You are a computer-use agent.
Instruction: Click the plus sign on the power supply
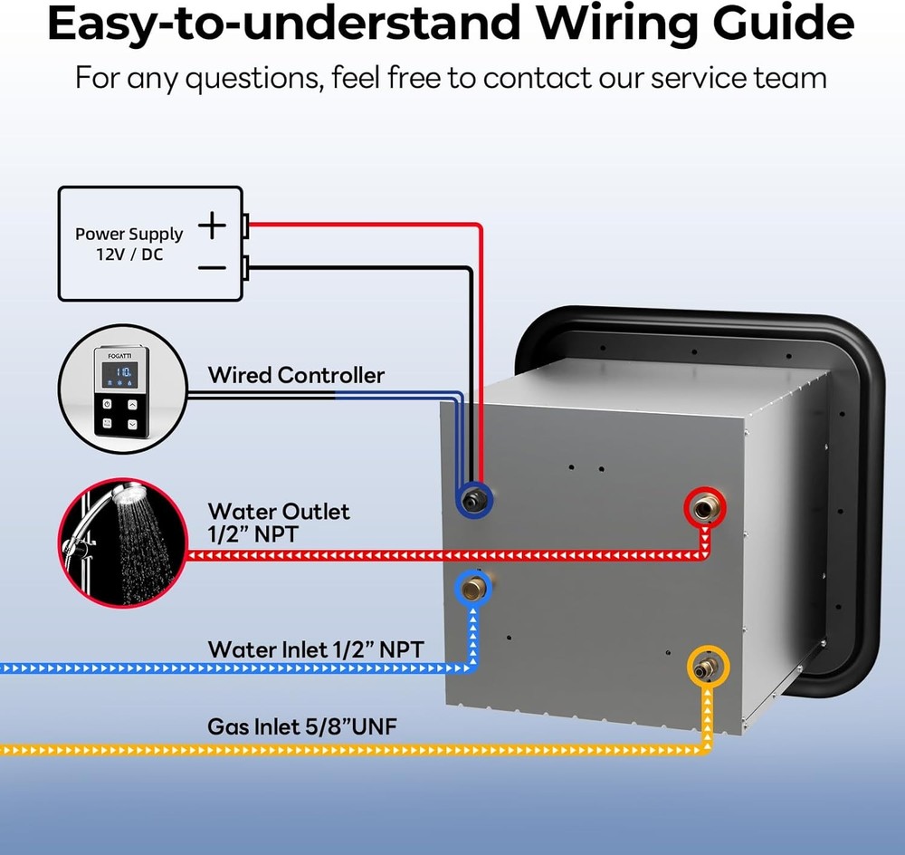(212, 225)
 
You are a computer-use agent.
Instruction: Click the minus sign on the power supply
(212, 267)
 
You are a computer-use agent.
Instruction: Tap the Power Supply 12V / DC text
(129, 244)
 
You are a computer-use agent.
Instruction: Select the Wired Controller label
(296, 375)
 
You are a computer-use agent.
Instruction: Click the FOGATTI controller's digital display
(119, 374)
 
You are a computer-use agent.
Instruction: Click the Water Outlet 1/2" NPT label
(278, 523)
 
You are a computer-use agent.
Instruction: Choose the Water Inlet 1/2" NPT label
(315, 649)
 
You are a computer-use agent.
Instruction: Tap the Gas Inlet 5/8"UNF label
(302, 726)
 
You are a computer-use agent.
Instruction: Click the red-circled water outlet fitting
(702, 509)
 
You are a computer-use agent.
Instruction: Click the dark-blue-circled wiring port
(474, 499)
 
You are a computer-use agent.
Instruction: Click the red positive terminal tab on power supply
(245, 225)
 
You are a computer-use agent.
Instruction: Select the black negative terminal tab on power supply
(245, 266)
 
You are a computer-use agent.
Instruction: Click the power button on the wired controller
(107, 404)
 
